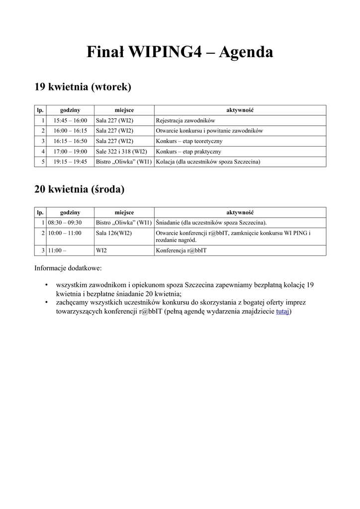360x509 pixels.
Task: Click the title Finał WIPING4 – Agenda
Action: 180,52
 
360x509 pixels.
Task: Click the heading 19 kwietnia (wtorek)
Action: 83,87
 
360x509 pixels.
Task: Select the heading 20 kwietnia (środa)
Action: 79,189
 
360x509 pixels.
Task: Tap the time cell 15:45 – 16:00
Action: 70,120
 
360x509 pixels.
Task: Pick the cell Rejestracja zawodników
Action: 185,120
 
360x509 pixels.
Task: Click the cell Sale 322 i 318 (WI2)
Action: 121,152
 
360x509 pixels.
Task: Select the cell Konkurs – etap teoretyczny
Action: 189,141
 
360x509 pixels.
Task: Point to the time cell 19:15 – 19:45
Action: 70,162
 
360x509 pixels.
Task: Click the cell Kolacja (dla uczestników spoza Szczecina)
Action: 208,162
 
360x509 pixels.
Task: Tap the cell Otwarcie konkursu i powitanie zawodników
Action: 209,131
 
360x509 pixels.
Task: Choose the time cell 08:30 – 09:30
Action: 65,223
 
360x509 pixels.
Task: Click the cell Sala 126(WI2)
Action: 114,233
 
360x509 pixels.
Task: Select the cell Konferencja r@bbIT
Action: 181,251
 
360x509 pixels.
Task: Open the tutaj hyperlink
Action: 282,312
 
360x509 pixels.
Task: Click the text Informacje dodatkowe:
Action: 68,268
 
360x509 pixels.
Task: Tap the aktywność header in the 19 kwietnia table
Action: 240,110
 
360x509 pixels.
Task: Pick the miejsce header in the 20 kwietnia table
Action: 124,212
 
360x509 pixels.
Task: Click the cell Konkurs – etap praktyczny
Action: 188,152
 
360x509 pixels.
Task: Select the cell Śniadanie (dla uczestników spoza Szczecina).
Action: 211,223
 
